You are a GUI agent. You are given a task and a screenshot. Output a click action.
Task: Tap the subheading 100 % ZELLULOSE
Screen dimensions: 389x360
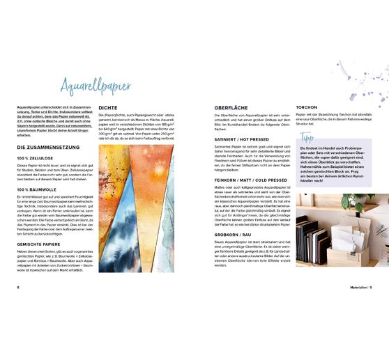pos(33,159)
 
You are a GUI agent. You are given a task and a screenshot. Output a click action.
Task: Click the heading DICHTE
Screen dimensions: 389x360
pos(107,108)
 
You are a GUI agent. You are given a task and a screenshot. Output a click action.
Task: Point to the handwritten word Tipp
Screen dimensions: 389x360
pos(306,136)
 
